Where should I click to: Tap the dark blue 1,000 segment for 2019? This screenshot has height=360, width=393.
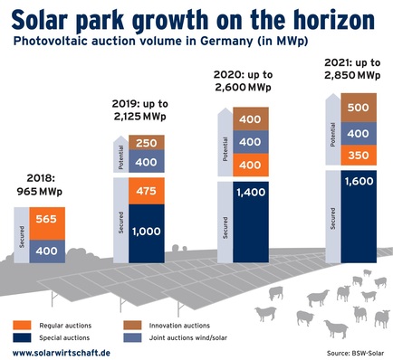(147, 231)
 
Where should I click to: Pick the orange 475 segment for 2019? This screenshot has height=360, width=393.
(147, 193)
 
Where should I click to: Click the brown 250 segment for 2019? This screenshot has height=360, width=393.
(147, 143)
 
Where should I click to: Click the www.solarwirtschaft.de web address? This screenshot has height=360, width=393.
(62, 351)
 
